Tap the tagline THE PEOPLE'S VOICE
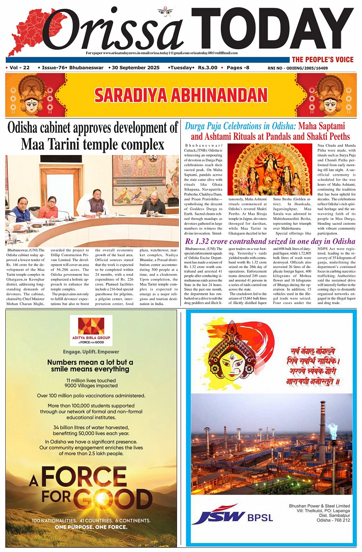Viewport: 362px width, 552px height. [x=322, y=59]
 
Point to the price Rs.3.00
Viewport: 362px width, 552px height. [x=208, y=68]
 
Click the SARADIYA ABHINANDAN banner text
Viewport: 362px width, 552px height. [x=181, y=95]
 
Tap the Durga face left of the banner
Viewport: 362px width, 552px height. [x=32, y=98]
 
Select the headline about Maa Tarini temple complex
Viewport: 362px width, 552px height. [x=92, y=136]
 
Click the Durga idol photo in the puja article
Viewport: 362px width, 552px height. [x=270, y=169]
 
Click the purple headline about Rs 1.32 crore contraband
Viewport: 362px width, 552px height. [x=270, y=241]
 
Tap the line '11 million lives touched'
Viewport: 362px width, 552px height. [x=91, y=381]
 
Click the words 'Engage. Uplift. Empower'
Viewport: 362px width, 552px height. [x=91, y=352]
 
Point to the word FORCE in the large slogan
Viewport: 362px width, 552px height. [x=84, y=477]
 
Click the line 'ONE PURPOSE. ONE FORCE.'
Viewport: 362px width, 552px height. [x=91, y=527]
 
